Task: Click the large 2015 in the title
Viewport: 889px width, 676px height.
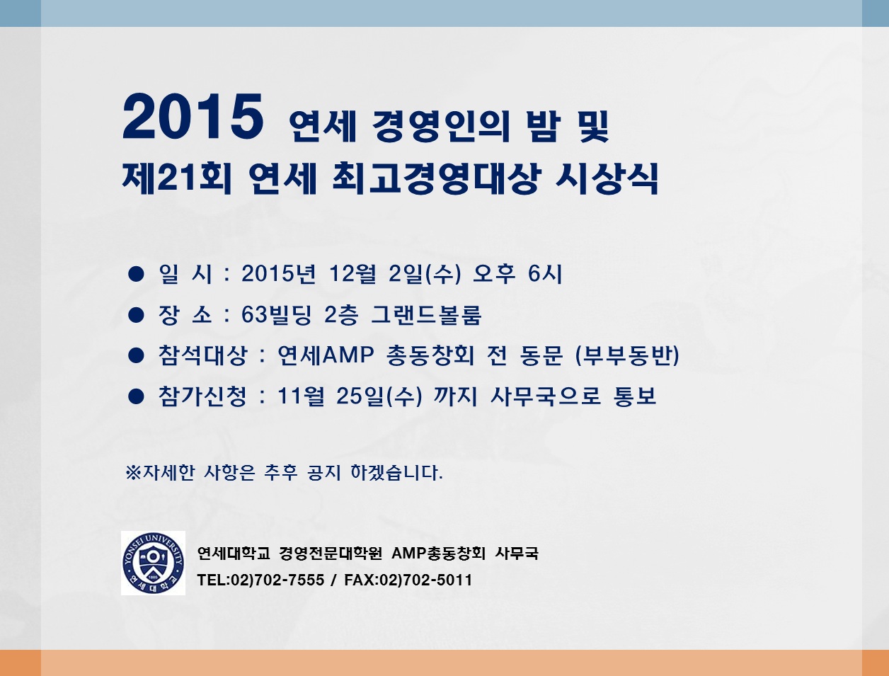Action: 193,117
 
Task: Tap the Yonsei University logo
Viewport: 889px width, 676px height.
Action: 153,563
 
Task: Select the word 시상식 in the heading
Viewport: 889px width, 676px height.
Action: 607,178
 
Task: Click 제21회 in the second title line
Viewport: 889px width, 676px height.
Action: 177,178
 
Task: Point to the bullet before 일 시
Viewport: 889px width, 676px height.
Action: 136,274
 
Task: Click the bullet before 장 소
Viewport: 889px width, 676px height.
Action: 136,315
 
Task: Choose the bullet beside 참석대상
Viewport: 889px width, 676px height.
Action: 136,355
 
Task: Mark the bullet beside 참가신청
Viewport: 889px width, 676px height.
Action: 136,396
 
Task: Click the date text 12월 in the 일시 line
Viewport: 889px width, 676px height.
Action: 352,274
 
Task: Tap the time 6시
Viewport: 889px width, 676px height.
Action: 545,274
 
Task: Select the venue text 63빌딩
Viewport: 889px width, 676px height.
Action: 277,315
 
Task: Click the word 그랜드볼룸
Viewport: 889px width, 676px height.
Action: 426,315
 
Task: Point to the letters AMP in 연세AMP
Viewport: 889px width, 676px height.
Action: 348,355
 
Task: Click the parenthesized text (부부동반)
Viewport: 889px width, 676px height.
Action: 627,355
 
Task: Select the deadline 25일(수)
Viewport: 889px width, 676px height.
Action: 379,396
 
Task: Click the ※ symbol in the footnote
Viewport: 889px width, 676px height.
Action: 133,473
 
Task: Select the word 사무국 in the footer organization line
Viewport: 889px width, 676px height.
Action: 517,553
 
